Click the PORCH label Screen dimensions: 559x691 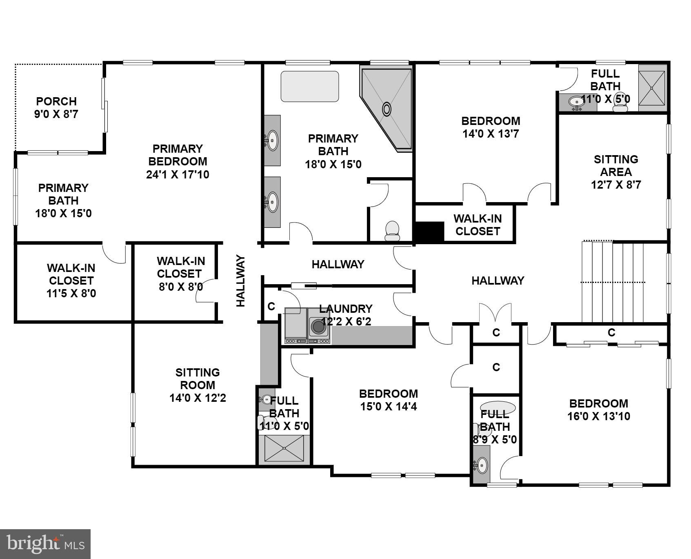point(56,101)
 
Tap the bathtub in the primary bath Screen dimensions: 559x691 point(310,87)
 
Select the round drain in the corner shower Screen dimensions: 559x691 point(386,109)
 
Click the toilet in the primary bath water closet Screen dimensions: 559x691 point(392,231)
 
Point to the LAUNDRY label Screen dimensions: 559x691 point(346,309)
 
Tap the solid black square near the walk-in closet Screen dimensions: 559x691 point(429,232)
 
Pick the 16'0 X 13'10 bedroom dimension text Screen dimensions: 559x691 point(599,416)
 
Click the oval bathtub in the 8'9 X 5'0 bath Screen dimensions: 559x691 point(498,408)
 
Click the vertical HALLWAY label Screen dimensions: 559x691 point(241,281)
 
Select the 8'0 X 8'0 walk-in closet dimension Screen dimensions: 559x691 point(180,287)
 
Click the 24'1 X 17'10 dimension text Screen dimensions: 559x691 point(178,175)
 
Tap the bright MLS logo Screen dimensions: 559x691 point(45,544)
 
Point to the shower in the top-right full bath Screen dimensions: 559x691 point(651,88)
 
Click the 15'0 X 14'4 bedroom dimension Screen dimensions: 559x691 point(388,407)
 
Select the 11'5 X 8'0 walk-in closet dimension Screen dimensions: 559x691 point(71,293)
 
